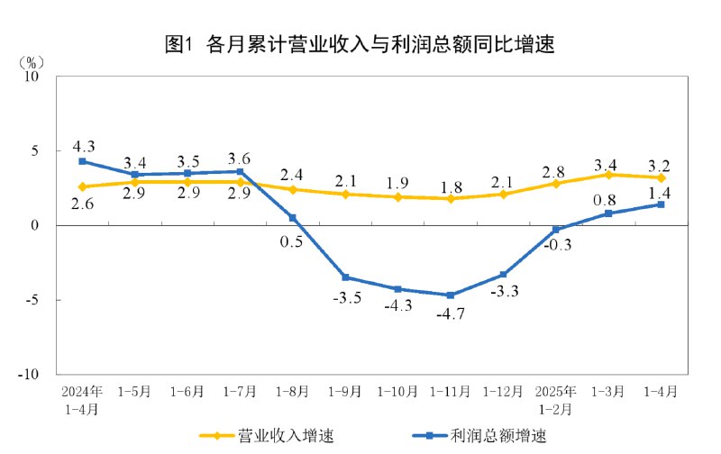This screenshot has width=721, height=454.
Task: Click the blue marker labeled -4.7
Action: (451, 295)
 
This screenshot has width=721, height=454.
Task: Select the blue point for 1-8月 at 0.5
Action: (293, 217)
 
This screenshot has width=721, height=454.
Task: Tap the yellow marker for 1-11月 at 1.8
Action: (451, 198)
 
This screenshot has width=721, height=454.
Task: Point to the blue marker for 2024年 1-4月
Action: (82, 161)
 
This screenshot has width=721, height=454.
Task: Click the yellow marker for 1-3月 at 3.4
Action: (608, 175)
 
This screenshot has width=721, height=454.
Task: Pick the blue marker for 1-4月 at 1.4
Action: (661, 204)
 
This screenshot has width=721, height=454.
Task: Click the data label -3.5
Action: (345, 298)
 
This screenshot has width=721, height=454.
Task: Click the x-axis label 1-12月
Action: (503, 392)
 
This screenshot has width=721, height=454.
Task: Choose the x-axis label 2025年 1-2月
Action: (556, 400)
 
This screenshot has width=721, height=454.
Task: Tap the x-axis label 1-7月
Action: (240, 392)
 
